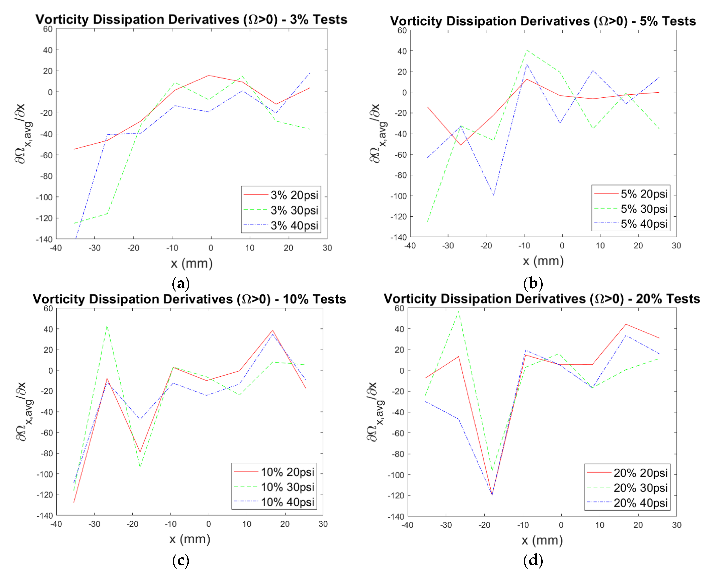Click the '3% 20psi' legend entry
coord(281,195)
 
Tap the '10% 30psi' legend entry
coord(274,487)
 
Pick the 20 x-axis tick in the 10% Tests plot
coord(285,524)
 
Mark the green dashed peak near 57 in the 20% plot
coord(459,311)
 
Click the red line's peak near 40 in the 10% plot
coord(273,330)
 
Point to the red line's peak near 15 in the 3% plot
coord(209,75)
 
